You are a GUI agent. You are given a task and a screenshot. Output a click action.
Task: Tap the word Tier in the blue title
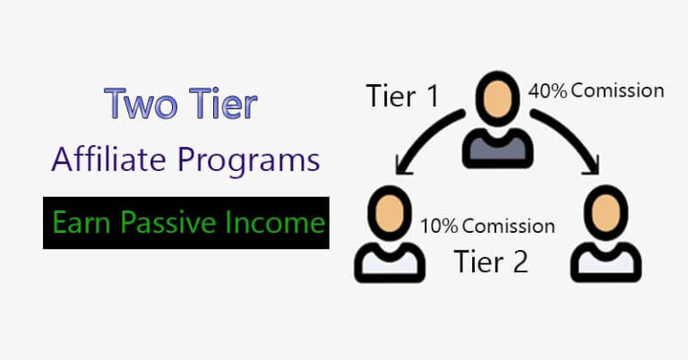219,104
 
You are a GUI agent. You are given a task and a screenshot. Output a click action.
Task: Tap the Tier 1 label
403,97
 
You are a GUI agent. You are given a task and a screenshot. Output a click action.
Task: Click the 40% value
546,90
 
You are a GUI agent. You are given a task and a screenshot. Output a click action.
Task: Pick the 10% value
439,225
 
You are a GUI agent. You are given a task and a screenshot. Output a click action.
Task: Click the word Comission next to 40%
617,90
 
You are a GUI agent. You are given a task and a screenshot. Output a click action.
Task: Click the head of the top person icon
496,101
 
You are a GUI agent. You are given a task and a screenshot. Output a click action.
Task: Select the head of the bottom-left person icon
384,211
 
